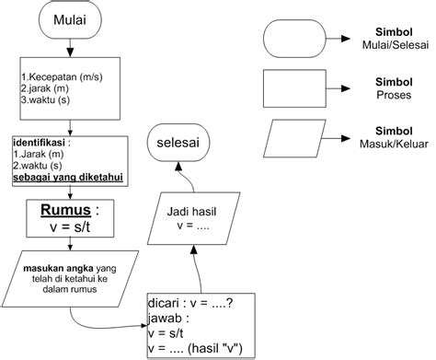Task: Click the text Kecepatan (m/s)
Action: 63,73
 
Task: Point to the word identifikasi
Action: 43,144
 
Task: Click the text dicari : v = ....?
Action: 194,301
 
